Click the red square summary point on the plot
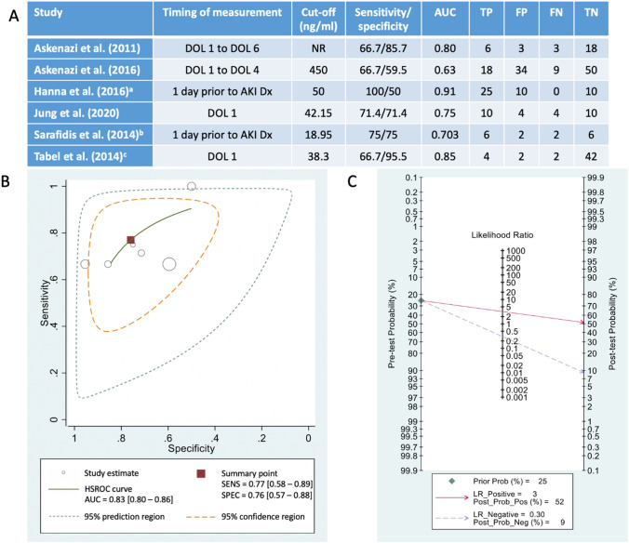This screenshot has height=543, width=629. pyautogui.click(x=131, y=240)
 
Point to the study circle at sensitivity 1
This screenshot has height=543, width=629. pyautogui.click(x=191, y=186)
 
